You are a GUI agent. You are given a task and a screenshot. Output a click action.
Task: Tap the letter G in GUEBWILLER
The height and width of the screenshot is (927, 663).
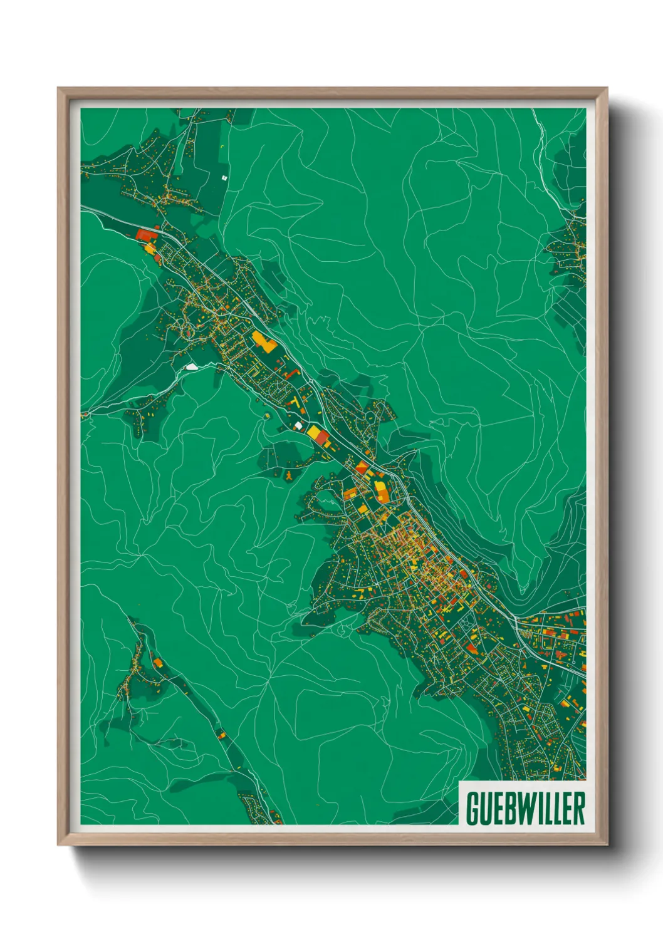(x=472, y=808)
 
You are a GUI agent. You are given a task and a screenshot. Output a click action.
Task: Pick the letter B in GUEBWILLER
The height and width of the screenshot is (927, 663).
(x=509, y=808)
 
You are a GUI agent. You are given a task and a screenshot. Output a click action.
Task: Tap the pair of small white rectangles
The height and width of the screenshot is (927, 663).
(x=224, y=178)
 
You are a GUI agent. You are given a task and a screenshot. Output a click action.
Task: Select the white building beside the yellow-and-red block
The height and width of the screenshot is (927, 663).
(x=299, y=426)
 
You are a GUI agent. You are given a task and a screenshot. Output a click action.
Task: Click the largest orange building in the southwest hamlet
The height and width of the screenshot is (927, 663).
(x=157, y=661)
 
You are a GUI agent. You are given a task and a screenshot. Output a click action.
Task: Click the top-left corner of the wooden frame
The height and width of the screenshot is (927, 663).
(x=58, y=88)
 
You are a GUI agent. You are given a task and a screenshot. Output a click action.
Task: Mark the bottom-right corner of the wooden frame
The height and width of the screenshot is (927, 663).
(x=607, y=845)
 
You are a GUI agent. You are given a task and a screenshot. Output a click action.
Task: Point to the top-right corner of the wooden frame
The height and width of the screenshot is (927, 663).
(x=607, y=88)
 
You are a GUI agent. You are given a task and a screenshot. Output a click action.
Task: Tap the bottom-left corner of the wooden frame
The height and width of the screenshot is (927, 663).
(x=58, y=845)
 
